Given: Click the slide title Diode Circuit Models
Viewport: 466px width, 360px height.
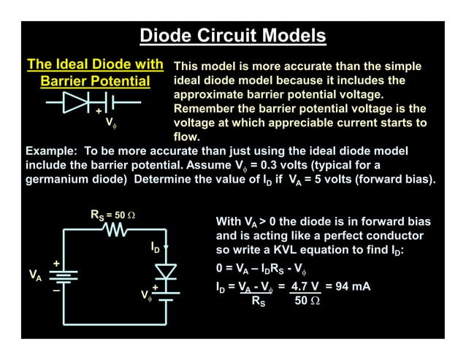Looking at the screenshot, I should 232,35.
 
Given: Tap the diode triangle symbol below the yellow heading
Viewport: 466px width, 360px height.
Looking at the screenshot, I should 76,102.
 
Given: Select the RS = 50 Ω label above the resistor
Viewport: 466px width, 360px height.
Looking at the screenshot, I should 112,215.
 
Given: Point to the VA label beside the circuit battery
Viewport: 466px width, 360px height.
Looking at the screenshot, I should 34,275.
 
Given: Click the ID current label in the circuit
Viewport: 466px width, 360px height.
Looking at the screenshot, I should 156,249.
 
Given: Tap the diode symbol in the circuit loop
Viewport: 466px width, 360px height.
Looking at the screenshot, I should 167,272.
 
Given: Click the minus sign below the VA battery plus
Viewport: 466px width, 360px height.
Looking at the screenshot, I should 55,289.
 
